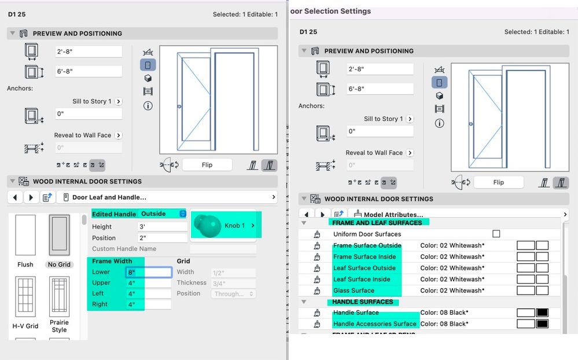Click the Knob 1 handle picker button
(226, 225)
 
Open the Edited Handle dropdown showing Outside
(164, 214)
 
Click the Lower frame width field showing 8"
(149, 272)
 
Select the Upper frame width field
(149, 283)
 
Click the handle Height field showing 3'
(163, 227)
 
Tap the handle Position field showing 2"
(163, 238)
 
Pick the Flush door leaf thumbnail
(25, 236)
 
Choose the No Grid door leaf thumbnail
(60, 236)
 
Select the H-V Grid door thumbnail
(25, 296)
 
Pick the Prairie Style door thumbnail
(60, 296)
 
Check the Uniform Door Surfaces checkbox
(496, 234)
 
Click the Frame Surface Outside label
(367, 246)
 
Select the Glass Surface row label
(354, 291)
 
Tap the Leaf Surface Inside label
(362, 280)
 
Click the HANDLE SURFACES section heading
(362, 302)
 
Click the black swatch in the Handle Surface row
(542, 313)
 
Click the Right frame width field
(149, 304)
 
